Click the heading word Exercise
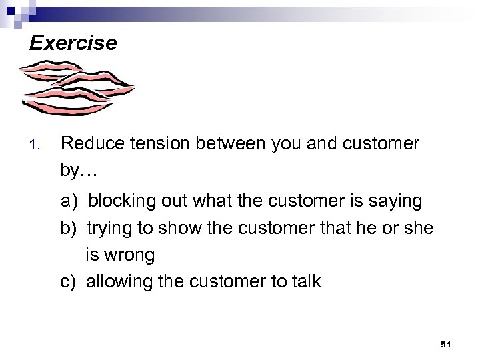pos(73,44)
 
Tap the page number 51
pos(446,344)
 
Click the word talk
pos(306,281)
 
